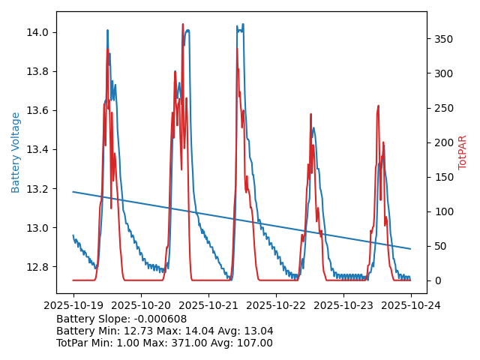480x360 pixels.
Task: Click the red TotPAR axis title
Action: click(463, 152)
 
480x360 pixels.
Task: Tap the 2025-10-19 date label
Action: click(73, 306)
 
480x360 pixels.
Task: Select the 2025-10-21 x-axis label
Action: click(208, 306)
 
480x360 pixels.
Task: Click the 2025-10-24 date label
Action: click(410, 306)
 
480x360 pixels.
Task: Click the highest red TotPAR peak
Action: click(182, 24)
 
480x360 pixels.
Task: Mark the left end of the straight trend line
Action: click(73, 192)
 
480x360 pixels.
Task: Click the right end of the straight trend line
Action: click(410, 249)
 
